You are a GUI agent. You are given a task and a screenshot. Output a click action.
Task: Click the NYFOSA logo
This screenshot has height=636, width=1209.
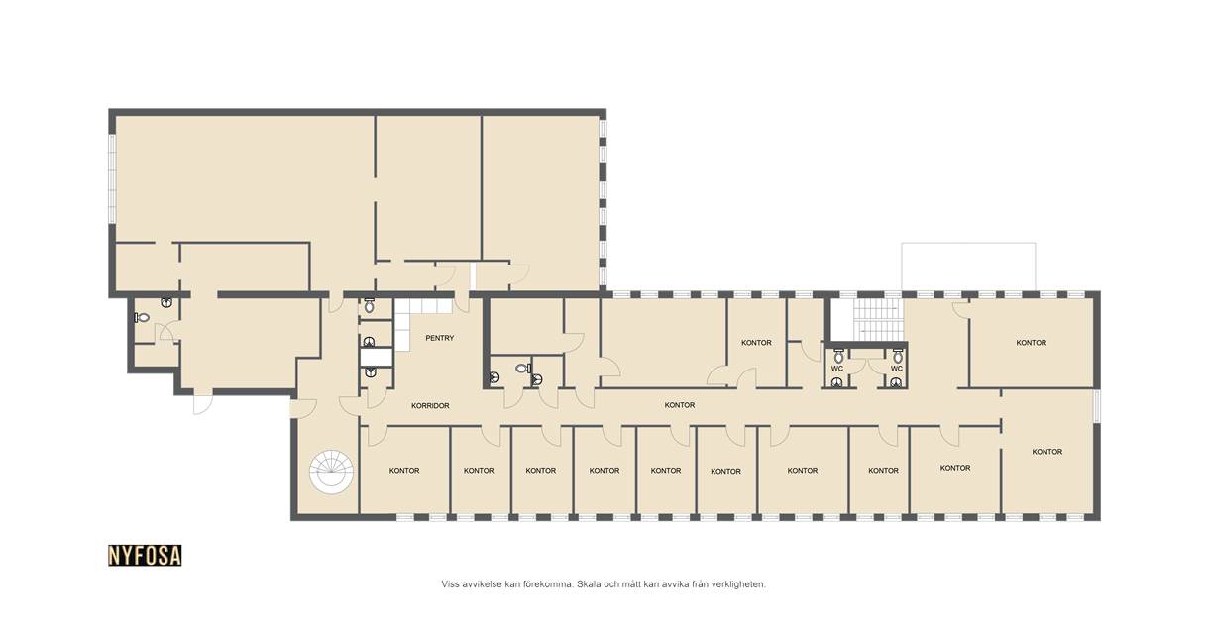[x=145, y=556]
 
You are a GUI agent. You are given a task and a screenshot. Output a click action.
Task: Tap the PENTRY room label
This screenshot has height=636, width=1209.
[x=439, y=338]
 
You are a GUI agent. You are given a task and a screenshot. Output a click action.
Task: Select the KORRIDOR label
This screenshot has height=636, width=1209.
[x=430, y=405]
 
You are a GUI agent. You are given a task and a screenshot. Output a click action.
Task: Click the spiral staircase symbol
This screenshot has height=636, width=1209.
[x=331, y=472]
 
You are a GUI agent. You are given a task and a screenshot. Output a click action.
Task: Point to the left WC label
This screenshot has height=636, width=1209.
[x=837, y=369]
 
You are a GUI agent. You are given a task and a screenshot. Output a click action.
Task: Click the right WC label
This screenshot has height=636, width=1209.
[x=897, y=369]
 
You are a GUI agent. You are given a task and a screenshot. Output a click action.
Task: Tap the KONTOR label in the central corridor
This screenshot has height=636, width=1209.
[x=680, y=405]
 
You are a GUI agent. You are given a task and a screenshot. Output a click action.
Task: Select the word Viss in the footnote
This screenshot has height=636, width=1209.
[x=451, y=584]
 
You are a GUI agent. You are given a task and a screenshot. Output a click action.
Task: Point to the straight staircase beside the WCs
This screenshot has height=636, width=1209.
[x=878, y=319]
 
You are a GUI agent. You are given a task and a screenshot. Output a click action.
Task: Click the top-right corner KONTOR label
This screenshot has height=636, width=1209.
[x=1031, y=343]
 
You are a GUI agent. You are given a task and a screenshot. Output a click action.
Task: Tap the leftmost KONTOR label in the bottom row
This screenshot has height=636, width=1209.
[x=404, y=471]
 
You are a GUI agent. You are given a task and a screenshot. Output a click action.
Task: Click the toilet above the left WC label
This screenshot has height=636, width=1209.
[x=838, y=356]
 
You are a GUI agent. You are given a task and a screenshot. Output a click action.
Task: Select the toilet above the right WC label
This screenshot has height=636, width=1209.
[x=898, y=356]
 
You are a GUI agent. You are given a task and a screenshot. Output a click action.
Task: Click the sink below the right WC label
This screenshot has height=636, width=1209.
[x=896, y=383]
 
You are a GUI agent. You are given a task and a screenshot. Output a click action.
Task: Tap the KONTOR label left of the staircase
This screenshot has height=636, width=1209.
[x=756, y=343]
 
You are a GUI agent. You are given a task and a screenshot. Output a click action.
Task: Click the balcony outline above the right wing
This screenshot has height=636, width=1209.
[x=968, y=244]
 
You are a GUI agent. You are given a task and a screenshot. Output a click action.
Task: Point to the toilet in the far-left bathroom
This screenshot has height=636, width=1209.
[x=142, y=318]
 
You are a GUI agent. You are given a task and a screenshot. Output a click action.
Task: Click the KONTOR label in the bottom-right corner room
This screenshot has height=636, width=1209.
[x=1047, y=452]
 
